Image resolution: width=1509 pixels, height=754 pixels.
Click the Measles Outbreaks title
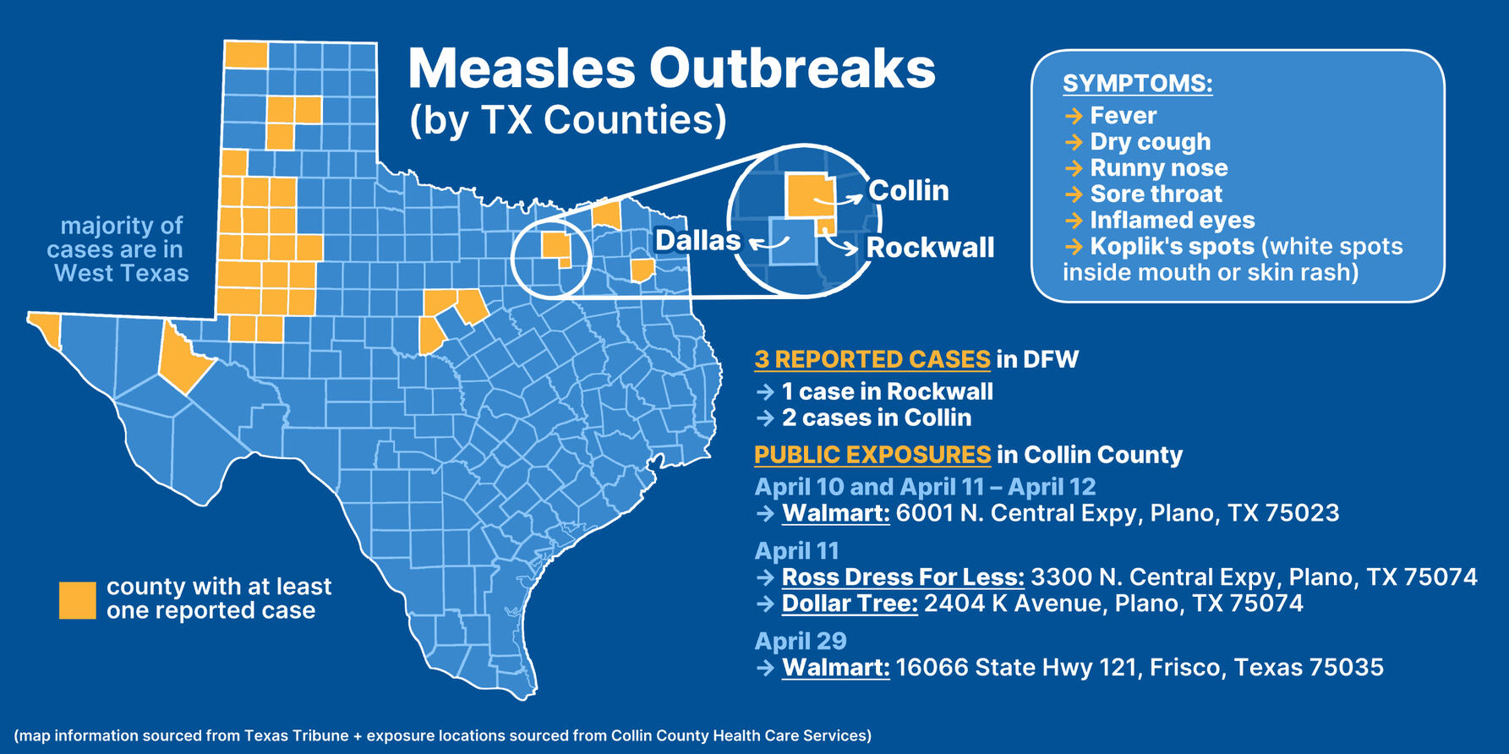(671, 68)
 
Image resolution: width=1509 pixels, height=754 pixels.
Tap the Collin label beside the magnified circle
(909, 191)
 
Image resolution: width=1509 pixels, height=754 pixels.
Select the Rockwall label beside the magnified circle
(930, 248)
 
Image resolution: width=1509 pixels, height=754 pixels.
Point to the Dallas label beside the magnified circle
(697, 241)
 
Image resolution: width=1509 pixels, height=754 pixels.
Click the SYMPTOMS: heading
(1137, 84)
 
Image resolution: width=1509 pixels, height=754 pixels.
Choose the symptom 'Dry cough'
(1150, 142)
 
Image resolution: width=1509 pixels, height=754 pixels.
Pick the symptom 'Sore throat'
(1156, 194)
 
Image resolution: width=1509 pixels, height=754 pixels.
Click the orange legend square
(77, 600)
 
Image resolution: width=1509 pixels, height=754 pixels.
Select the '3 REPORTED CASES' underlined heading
(872, 360)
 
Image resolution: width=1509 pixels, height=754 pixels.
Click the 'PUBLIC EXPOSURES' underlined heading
(872, 455)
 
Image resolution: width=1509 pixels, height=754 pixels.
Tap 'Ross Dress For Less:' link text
(902, 577)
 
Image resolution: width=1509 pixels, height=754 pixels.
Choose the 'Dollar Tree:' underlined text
(850, 604)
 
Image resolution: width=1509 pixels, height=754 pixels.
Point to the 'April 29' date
(800, 642)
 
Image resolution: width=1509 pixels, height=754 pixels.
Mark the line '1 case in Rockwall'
(887, 392)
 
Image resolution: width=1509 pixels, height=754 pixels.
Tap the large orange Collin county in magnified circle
(807, 195)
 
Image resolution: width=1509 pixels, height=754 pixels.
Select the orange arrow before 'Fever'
(1074, 116)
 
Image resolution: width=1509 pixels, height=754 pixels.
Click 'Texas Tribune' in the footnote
(296, 735)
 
